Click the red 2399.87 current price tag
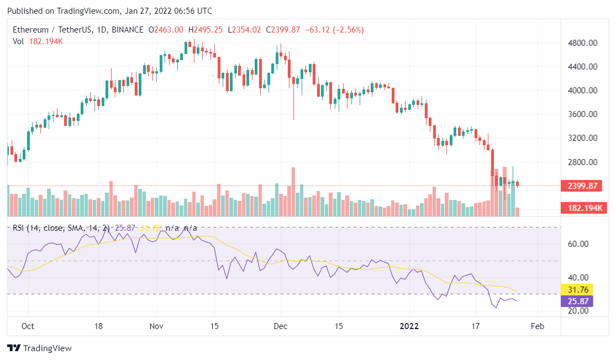(x=581, y=186)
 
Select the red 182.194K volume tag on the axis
(x=581, y=208)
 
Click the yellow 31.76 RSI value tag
(x=577, y=290)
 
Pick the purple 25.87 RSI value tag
(x=577, y=301)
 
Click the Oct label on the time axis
(x=28, y=326)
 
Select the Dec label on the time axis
(x=280, y=326)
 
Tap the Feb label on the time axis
(x=537, y=326)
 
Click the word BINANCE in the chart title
(x=127, y=30)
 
